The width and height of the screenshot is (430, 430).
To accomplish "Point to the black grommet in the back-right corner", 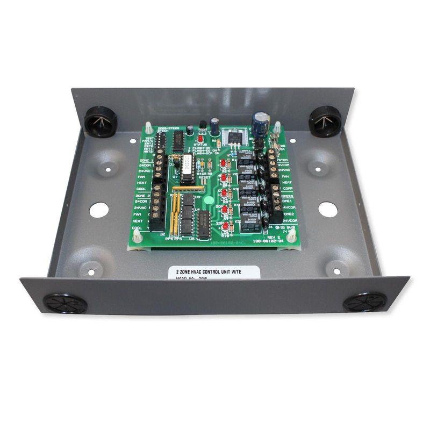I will click(325, 120).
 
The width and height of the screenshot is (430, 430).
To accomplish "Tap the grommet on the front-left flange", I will click(65, 304).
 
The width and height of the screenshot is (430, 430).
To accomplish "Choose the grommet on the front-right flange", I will click(365, 302).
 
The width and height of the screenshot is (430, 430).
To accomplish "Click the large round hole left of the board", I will click(99, 210).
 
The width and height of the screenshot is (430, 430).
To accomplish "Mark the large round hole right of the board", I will click(327, 209).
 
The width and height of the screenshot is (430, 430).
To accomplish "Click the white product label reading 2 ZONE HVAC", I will click(214, 274).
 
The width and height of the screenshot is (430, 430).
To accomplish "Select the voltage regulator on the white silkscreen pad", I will click(235, 138).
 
